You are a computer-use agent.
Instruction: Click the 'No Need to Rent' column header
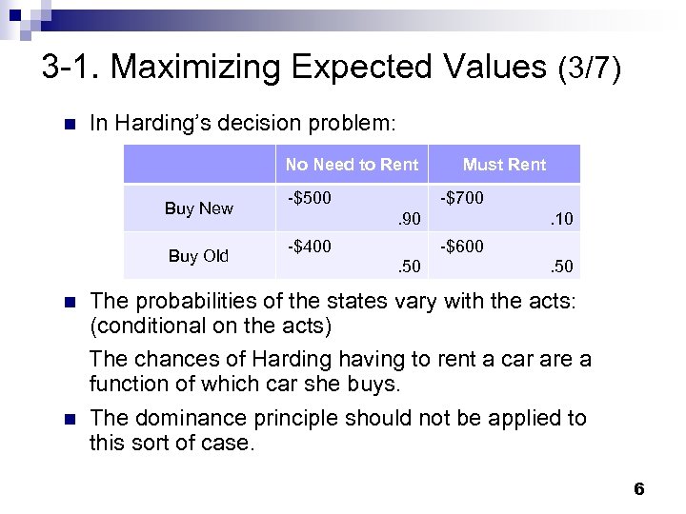(352, 165)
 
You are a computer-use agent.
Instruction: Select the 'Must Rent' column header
(504, 165)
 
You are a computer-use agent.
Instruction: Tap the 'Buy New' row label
(198, 208)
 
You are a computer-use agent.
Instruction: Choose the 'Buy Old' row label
(198, 256)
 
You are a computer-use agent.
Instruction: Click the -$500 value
(310, 199)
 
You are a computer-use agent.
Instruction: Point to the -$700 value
(461, 199)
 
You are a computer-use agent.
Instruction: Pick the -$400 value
(310, 247)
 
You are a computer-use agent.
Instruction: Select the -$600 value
(461, 247)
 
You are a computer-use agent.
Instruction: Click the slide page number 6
(638, 489)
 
